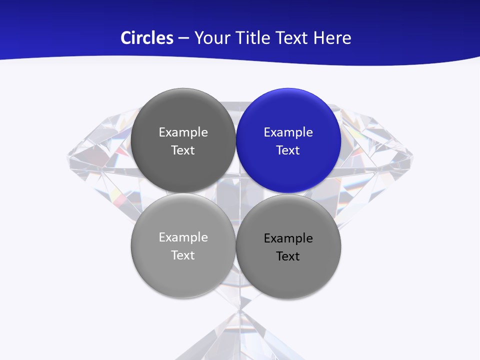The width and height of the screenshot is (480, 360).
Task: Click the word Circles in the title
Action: [x=146, y=38]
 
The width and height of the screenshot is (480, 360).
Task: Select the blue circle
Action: [x=288, y=140]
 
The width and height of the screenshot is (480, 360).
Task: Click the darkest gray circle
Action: [x=183, y=140]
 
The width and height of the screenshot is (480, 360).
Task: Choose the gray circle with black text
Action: [x=288, y=246]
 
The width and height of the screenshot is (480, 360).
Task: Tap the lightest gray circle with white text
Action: [x=183, y=245]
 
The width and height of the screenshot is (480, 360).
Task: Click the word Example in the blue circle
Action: [x=288, y=132]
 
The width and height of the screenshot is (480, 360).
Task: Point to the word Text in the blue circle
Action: [x=288, y=150]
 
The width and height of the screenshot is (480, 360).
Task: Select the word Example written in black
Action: [x=288, y=238]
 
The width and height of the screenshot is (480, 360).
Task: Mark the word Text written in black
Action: [x=288, y=256]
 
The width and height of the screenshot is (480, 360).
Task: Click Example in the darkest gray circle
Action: [x=183, y=132]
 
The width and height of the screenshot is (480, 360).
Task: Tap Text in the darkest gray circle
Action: [x=183, y=150]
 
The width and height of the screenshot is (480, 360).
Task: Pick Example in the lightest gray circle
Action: [x=183, y=237]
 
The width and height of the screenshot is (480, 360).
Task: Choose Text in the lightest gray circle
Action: [x=183, y=255]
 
